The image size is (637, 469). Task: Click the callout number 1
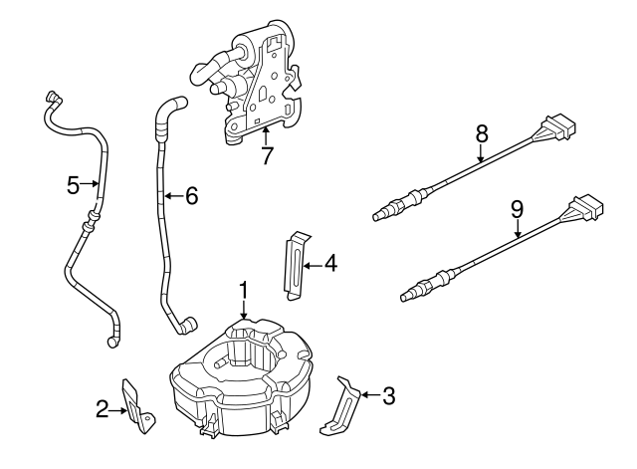[x=242, y=290]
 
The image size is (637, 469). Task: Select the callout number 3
[x=388, y=395]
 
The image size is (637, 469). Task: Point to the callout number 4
[x=330, y=264]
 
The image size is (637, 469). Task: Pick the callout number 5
[x=73, y=184]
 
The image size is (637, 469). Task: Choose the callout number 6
[x=191, y=196]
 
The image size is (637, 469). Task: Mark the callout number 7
[x=266, y=155]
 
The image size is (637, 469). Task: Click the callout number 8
[x=482, y=131]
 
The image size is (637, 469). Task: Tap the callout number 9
[x=516, y=209]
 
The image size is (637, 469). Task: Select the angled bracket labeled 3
[x=342, y=403]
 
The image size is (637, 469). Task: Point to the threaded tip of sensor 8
[x=379, y=212]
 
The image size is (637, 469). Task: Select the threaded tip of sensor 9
[x=405, y=294]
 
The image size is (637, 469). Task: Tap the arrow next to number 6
[x=170, y=196]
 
